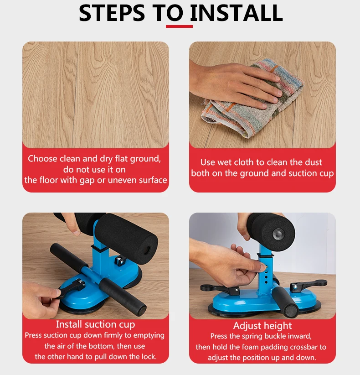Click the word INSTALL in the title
tap(236, 13)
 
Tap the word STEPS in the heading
tap(112, 13)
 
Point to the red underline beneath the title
tap(179, 26)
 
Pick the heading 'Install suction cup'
tap(96, 324)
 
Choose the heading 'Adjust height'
tap(262, 325)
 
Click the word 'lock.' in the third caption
tap(149, 357)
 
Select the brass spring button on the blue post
tap(266, 266)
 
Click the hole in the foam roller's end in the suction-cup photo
tap(147, 250)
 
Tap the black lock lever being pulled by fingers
tap(71, 288)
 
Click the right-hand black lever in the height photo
tap(308, 285)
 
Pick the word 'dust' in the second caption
tap(313, 162)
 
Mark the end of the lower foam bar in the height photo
tap(292, 310)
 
